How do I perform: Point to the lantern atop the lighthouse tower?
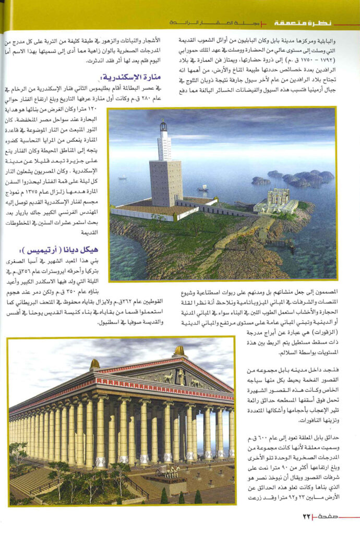point(164,126)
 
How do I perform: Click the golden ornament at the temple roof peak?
point(179,350)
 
